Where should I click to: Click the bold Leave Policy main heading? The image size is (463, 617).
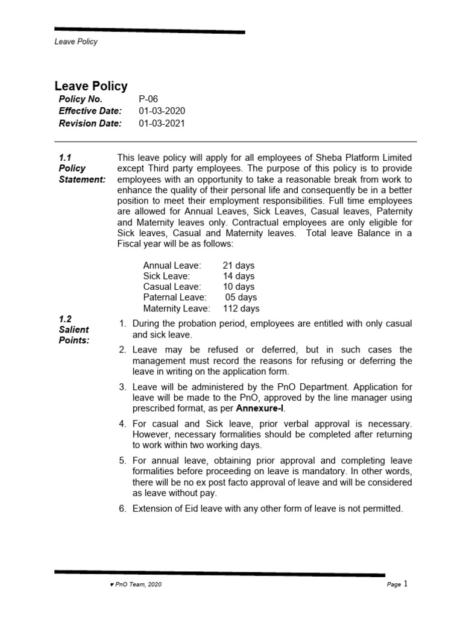tap(91, 86)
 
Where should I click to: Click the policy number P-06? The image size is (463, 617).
tap(148, 99)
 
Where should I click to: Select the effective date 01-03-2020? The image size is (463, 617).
tap(162, 111)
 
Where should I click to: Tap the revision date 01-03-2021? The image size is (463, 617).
tap(162, 124)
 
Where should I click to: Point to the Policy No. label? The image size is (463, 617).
tap(81, 99)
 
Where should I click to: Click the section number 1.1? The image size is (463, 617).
tap(65, 157)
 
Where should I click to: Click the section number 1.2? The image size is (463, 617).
tap(65, 319)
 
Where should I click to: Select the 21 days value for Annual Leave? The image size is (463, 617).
tap(238, 265)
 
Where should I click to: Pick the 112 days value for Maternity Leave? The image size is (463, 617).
tap(241, 308)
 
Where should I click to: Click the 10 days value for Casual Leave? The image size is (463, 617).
tap(238, 287)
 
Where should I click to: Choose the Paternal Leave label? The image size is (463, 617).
tap(174, 298)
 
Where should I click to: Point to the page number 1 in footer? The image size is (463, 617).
tap(406, 583)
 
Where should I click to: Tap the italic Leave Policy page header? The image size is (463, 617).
tap(76, 42)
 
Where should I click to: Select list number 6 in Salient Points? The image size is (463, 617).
tap(122, 509)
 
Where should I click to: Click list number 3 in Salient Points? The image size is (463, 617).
tap(122, 387)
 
